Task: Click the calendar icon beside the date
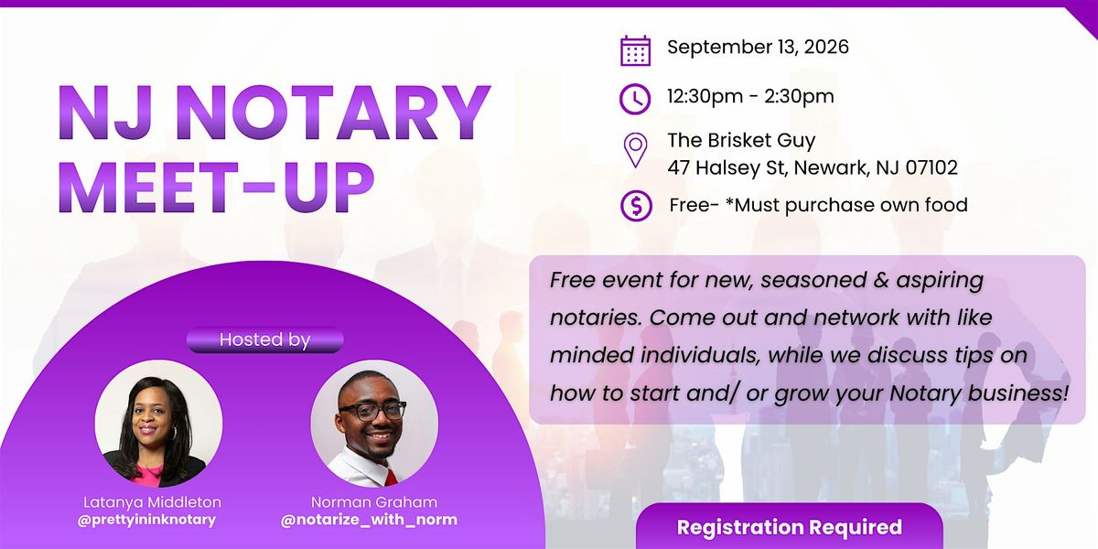tap(635, 50)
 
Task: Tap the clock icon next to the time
tap(635, 99)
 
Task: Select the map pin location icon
tap(635, 150)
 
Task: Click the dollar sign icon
tap(636, 205)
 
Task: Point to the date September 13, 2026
tap(758, 47)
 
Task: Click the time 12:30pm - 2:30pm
tap(750, 97)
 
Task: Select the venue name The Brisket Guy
tap(741, 141)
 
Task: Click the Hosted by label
tap(264, 339)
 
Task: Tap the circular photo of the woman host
tap(158, 424)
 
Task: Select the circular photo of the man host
tap(374, 424)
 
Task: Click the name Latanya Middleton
tap(152, 502)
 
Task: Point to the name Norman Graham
tap(374, 502)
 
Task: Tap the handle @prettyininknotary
tap(146, 520)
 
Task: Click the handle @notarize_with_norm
tap(369, 520)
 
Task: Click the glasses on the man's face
tap(372, 411)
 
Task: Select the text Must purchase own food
tap(852, 205)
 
